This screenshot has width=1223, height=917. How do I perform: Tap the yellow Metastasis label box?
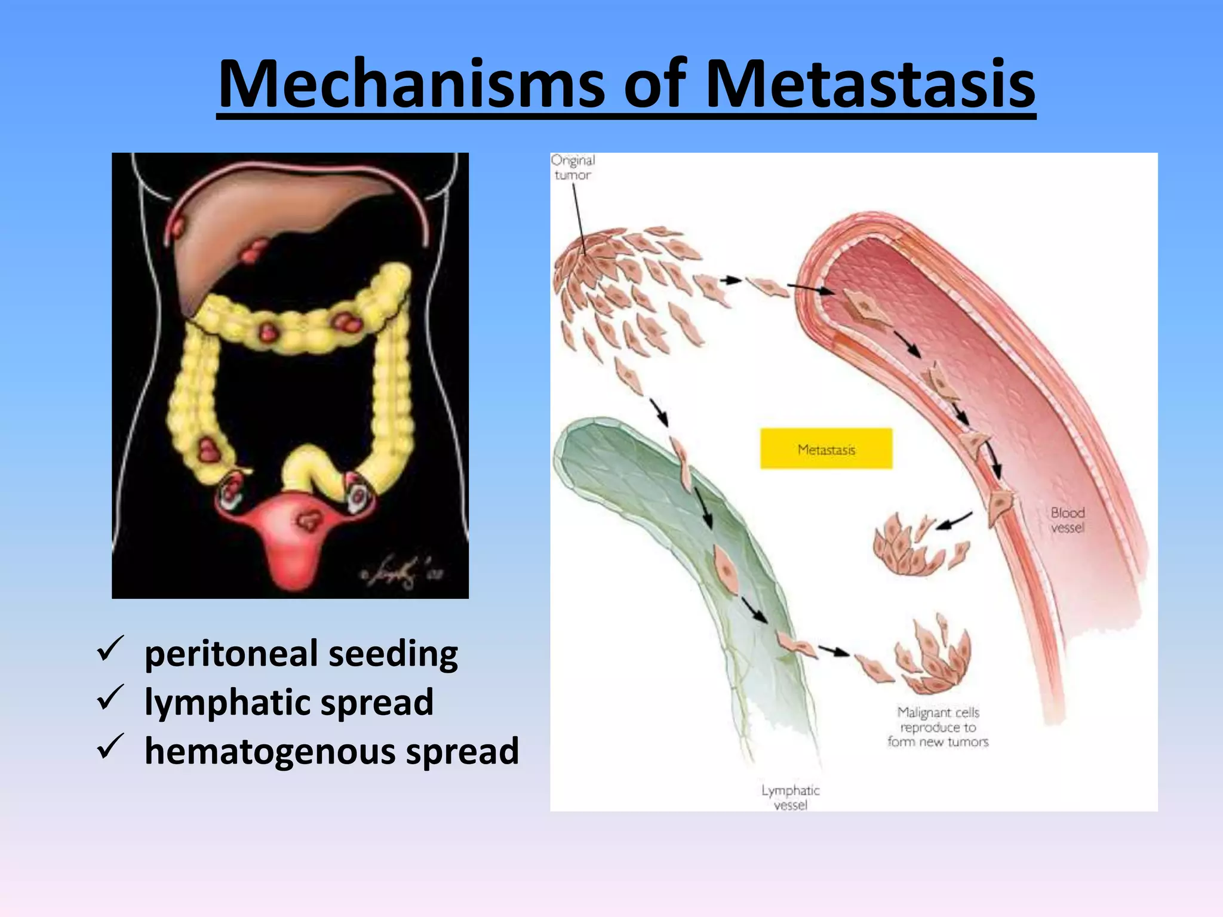tap(826, 449)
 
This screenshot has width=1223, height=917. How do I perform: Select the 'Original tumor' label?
tap(573, 168)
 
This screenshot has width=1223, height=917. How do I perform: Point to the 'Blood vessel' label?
tap(1068, 520)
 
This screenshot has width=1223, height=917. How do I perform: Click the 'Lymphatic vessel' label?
tap(791, 798)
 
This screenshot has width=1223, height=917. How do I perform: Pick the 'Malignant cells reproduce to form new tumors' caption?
tap(938, 727)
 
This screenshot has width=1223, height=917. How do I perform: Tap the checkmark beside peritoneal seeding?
tap(110, 649)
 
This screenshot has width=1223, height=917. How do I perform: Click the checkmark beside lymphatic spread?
tap(110, 698)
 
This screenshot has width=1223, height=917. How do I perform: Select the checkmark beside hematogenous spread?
tap(110, 747)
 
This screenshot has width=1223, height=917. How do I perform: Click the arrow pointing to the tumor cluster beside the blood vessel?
tap(954, 521)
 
